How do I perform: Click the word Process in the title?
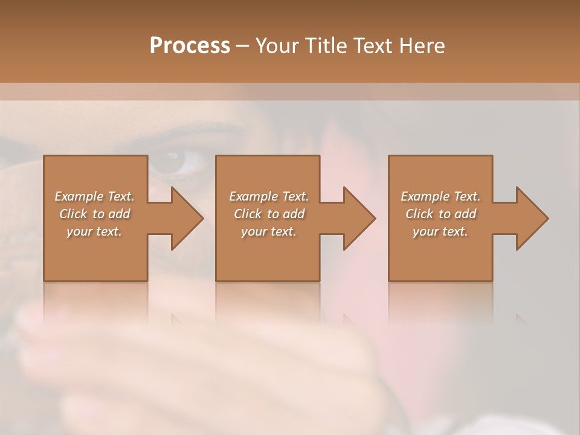coord(190,45)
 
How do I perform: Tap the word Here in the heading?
coord(422,45)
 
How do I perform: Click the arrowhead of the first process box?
coord(187,218)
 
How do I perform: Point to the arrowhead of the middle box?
coord(359,218)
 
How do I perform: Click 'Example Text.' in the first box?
coord(95,196)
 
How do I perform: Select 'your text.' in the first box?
coord(95,231)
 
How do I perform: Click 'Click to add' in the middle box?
coord(269,214)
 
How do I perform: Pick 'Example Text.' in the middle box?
coord(269,196)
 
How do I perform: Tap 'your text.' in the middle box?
coord(269,231)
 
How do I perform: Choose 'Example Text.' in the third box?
coord(440,196)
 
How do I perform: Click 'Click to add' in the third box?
coord(440,214)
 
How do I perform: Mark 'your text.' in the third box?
coord(440,231)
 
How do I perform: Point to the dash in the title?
coord(242,46)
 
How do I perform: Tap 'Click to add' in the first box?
coord(95,214)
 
